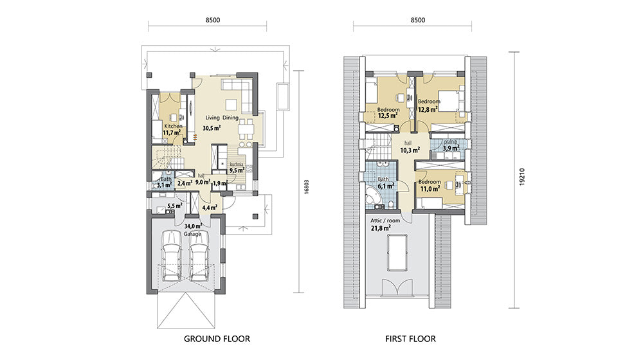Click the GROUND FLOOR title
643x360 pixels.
[x=217, y=339]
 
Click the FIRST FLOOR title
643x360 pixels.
[x=410, y=339]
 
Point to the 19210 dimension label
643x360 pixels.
[x=522, y=176]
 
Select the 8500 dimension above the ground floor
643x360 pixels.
[x=212, y=20]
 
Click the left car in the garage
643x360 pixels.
[x=172, y=256]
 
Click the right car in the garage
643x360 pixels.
[x=199, y=256]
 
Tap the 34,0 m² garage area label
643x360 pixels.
[x=193, y=226]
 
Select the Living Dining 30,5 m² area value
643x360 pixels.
[x=212, y=128]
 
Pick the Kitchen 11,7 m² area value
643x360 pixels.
[x=172, y=132]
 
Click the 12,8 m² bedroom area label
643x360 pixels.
[x=428, y=109]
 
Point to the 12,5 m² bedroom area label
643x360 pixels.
[x=388, y=116]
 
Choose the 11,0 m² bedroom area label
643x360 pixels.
[x=430, y=188]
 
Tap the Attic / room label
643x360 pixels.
[x=385, y=221]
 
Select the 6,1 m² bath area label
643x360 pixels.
[x=386, y=186]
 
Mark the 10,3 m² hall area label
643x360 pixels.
[x=410, y=150]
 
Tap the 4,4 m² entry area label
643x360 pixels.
[x=210, y=208]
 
